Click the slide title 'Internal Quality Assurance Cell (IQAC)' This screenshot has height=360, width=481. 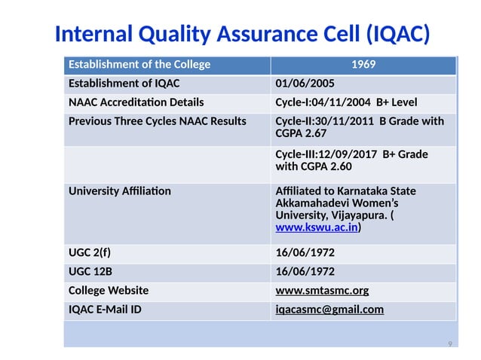242,34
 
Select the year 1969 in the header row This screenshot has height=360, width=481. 363,65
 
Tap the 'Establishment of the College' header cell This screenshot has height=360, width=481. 139,65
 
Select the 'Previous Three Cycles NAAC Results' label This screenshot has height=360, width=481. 157,121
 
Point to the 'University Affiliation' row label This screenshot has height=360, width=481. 119,191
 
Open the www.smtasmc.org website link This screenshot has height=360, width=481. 322,291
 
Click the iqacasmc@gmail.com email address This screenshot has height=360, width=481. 329,310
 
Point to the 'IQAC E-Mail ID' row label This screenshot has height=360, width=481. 105,310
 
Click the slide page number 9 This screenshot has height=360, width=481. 450,343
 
